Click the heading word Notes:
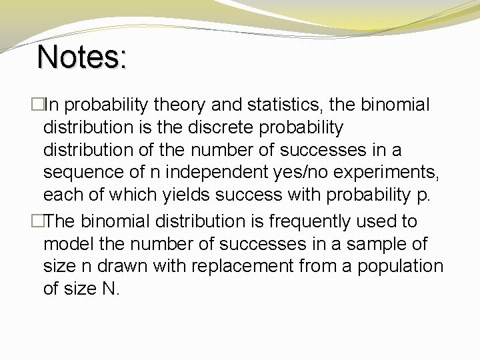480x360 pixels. pos(82,57)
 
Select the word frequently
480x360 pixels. pos(303,221)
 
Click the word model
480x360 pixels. pos(70,244)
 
